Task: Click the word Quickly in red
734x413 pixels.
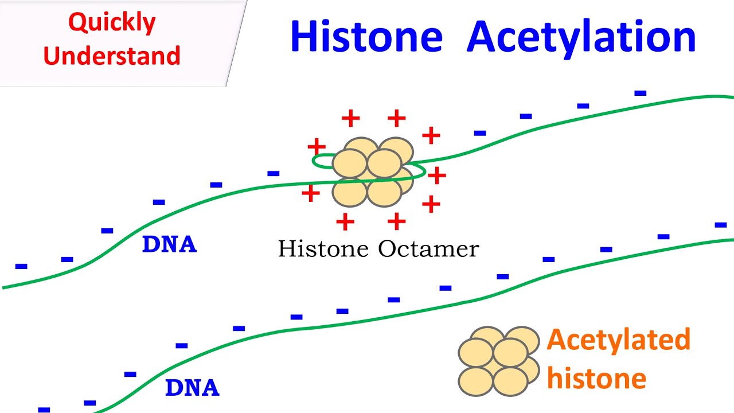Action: tap(112, 24)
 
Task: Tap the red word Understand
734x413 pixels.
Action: tap(112, 56)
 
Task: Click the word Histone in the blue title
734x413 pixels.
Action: tap(366, 37)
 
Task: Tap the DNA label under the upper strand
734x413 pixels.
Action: tap(169, 245)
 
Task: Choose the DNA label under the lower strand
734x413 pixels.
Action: tap(192, 388)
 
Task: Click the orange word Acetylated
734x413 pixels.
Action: tap(618, 340)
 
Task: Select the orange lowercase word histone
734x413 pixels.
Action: tap(596, 379)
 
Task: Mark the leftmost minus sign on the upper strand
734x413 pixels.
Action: tap(21, 266)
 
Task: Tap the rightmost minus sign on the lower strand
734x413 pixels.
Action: tap(721, 225)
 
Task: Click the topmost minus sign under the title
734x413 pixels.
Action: tap(641, 93)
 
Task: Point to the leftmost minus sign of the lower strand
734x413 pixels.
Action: tap(44, 409)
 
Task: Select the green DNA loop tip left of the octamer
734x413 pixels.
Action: tap(316, 162)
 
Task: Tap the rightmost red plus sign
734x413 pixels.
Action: tap(437, 176)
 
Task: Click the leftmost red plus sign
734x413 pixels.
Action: tap(310, 193)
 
